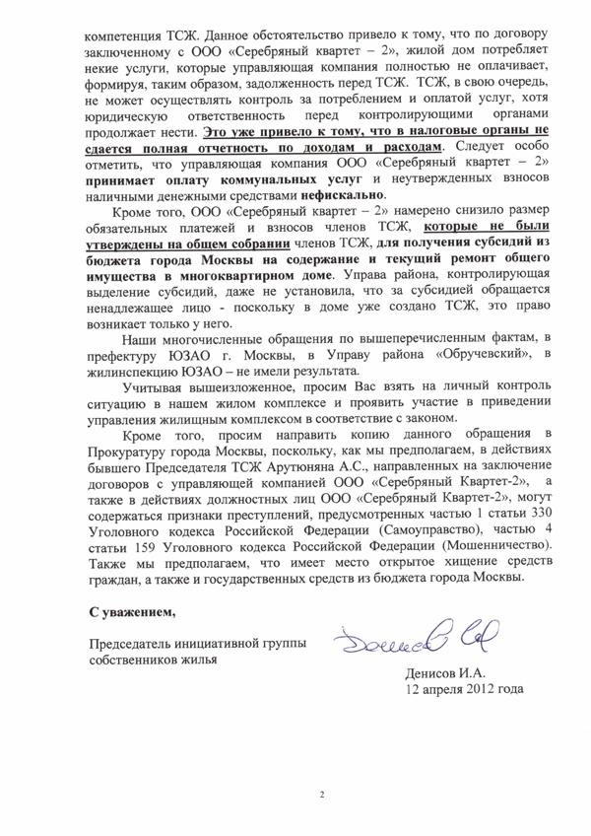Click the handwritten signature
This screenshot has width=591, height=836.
pos(407,643)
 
